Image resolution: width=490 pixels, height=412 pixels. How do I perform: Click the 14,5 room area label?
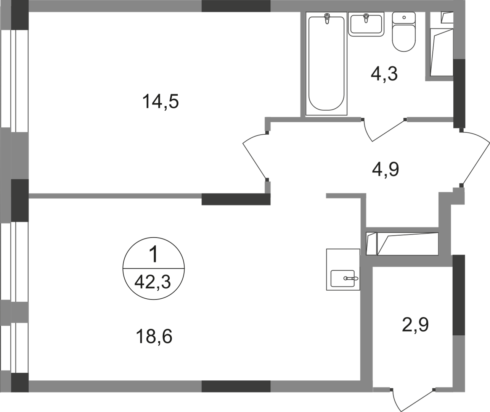coord(161,101)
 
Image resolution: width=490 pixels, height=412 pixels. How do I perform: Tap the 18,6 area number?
coord(154,336)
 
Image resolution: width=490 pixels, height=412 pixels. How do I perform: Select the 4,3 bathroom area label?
coord(384,74)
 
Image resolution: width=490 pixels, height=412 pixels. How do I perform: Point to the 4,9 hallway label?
coord(386,169)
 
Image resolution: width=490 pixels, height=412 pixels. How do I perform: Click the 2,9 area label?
coord(415,324)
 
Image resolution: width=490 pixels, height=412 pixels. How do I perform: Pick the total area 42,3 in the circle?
coord(153,282)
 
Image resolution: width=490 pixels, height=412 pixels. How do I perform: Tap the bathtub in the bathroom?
coord(326,64)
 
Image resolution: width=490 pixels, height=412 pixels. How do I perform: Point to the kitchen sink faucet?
coord(351,278)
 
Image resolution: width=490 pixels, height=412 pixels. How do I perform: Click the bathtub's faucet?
coord(327,19)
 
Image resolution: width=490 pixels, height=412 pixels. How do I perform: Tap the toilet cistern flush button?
coord(404,18)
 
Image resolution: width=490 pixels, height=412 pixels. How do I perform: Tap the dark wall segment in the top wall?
coord(236,6)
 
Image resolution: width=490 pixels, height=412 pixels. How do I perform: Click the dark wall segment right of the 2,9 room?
coord(459,295)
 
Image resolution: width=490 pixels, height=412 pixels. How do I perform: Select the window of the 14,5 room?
coord(14,79)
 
